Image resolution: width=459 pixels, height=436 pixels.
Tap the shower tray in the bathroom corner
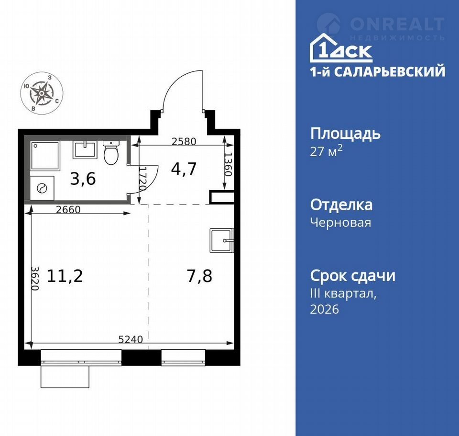coord(45,156)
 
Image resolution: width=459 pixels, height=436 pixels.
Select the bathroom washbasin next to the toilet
coord(85,149)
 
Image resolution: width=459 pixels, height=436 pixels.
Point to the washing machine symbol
coord(42,188)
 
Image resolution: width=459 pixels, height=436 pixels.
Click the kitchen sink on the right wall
coord(221,241)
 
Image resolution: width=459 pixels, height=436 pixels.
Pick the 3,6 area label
coord(83,179)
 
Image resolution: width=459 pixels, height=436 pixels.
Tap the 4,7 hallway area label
coord(184,169)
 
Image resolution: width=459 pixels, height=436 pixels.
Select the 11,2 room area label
coord(65,276)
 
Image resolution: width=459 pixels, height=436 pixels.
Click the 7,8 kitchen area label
coord(199,276)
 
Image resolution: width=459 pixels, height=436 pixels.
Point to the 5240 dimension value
coord(131,339)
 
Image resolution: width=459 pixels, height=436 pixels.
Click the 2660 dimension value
coord(68,209)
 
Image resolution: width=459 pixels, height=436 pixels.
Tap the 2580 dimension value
coord(184,141)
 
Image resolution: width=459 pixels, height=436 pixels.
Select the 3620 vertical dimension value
coord(35,278)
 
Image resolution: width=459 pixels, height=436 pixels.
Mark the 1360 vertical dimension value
coord(228,164)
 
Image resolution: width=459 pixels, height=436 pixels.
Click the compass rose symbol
coord(42,93)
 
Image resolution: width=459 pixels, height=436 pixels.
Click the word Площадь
coord(345,134)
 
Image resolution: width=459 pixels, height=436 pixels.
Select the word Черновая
coord(341,222)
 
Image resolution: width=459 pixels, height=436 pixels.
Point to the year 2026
coord(324,309)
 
